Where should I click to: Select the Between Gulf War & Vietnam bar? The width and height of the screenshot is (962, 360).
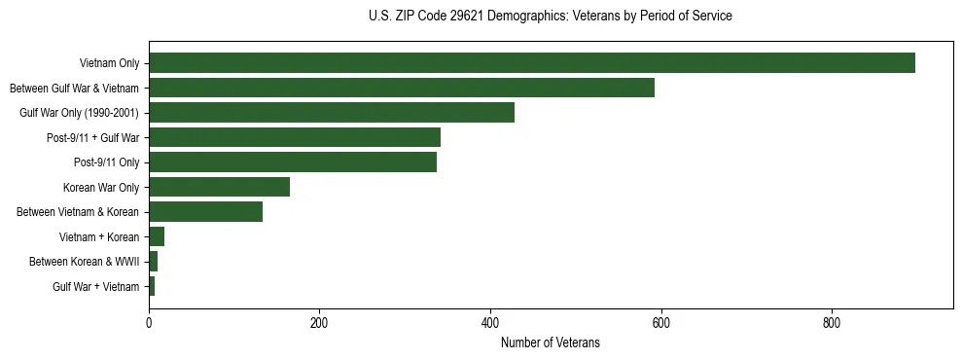click(x=401, y=88)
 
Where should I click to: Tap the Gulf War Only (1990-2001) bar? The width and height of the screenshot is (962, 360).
click(x=331, y=113)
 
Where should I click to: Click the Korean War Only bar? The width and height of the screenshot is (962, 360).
click(x=219, y=187)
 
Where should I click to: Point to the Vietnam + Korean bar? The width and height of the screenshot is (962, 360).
click(x=157, y=236)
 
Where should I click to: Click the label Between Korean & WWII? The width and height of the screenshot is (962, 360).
click(x=85, y=262)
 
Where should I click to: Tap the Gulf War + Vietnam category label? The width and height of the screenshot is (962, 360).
click(x=96, y=287)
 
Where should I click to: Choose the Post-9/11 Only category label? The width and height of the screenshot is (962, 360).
click(x=107, y=162)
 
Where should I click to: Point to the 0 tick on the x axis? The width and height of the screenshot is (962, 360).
click(x=149, y=323)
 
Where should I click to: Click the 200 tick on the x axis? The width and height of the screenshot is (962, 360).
click(x=319, y=323)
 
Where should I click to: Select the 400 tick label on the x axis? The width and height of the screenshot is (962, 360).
click(x=490, y=323)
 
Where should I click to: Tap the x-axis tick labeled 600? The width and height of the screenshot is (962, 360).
click(x=660, y=323)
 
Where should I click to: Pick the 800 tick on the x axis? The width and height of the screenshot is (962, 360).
click(x=832, y=323)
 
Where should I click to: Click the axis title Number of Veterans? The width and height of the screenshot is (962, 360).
click(x=550, y=343)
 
